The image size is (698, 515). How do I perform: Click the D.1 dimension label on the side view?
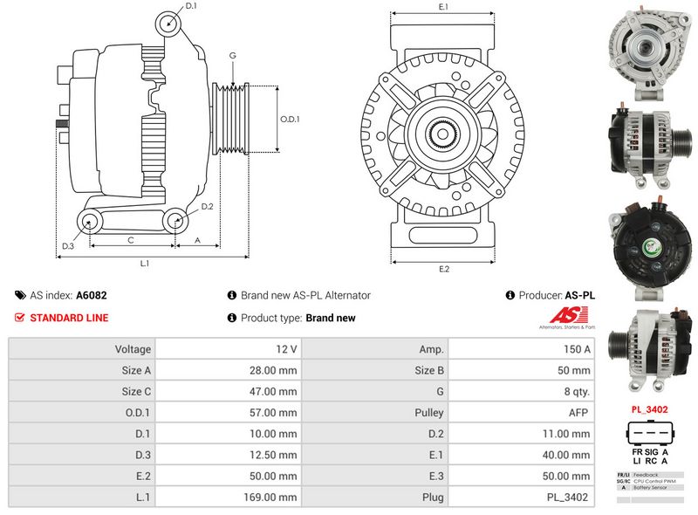pyautogui.click(x=191, y=6)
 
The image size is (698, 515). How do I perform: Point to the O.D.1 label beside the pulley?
pyautogui.click(x=290, y=119)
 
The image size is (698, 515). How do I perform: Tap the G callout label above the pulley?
pyautogui.click(x=233, y=55)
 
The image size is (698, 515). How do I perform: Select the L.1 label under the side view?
pyautogui.click(x=145, y=263)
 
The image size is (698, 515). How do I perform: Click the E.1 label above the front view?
pyautogui.click(x=443, y=7)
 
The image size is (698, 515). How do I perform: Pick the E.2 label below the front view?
pyautogui.click(x=443, y=269)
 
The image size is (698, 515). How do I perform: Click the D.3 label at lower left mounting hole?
pyautogui.click(x=68, y=246)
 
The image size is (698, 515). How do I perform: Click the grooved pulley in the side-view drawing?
pyautogui.click(x=230, y=119)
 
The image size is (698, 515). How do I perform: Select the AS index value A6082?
pyautogui.click(x=92, y=296)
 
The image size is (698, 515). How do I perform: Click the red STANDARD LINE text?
pyautogui.click(x=69, y=318)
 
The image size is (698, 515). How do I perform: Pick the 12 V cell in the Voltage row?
pyautogui.click(x=286, y=349)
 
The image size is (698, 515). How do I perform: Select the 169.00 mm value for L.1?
pyautogui.click(x=274, y=498)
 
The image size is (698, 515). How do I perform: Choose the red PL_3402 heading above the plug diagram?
pyautogui.click(x=649, y=409)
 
